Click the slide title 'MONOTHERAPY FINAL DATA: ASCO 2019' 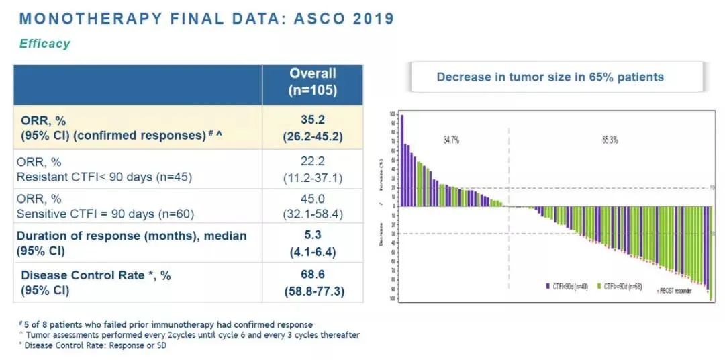pos(204,18)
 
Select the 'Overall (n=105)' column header pos(312,82)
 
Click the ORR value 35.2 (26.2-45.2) pos(312,127)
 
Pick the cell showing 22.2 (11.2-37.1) pos(312,169)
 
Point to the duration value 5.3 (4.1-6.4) pos(312,243)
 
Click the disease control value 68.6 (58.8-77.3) pos(312,283)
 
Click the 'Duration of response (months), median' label pos(132,236)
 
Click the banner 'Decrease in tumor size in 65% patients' pos(550,77)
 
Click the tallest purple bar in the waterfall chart pos(401,161)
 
